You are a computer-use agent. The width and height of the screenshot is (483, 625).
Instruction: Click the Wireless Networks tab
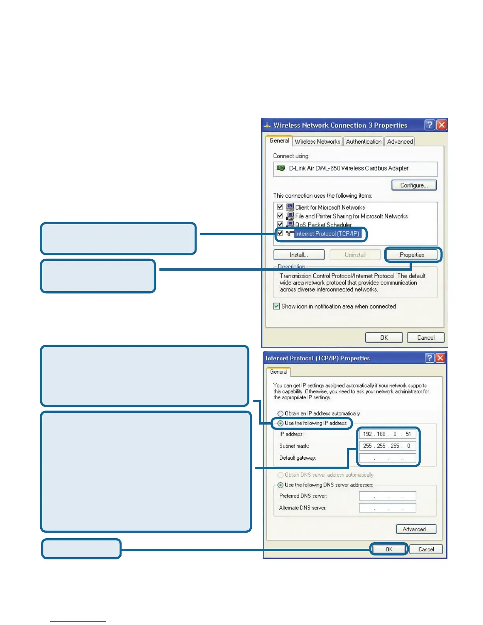click(x=317, y=142)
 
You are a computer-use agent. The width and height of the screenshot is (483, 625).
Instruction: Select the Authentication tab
click(x=363, y=142)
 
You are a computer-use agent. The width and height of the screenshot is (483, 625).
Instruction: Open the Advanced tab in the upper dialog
click(x=400, y=142)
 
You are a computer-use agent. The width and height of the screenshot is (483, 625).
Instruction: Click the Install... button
click(x=299, y=255)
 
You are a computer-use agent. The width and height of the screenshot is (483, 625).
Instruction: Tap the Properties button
click(x=412, y=255)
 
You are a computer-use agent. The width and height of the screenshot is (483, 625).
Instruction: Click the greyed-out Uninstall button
click(x=355, y=255)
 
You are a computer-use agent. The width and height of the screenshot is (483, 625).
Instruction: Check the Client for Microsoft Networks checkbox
click(x=280, y=207)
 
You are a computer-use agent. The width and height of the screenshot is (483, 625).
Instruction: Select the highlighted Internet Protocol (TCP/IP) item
click(x=327, y=234)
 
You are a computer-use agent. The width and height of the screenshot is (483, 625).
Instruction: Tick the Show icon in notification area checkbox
click(x=277, y=306)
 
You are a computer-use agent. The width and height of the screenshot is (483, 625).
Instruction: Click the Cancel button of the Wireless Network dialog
click(x=425, y=338)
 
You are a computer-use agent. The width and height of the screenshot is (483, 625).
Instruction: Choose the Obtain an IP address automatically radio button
click(x=281, y=414)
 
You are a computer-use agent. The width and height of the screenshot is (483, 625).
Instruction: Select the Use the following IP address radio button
click(x=281, y=423)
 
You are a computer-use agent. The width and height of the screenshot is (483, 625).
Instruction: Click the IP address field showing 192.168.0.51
click(x=387, y=434)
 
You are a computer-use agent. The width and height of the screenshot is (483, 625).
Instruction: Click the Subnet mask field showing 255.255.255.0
click(x=387, y=446)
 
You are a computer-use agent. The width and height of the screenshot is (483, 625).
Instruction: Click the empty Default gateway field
click(x=387, y=458)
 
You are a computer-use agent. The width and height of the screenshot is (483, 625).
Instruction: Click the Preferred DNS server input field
click(x=387, y=496)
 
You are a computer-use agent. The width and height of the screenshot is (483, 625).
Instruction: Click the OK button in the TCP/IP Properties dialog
click(x=389, y=549)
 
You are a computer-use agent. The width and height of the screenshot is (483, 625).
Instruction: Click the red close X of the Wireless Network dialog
click(x=442, y=125)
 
